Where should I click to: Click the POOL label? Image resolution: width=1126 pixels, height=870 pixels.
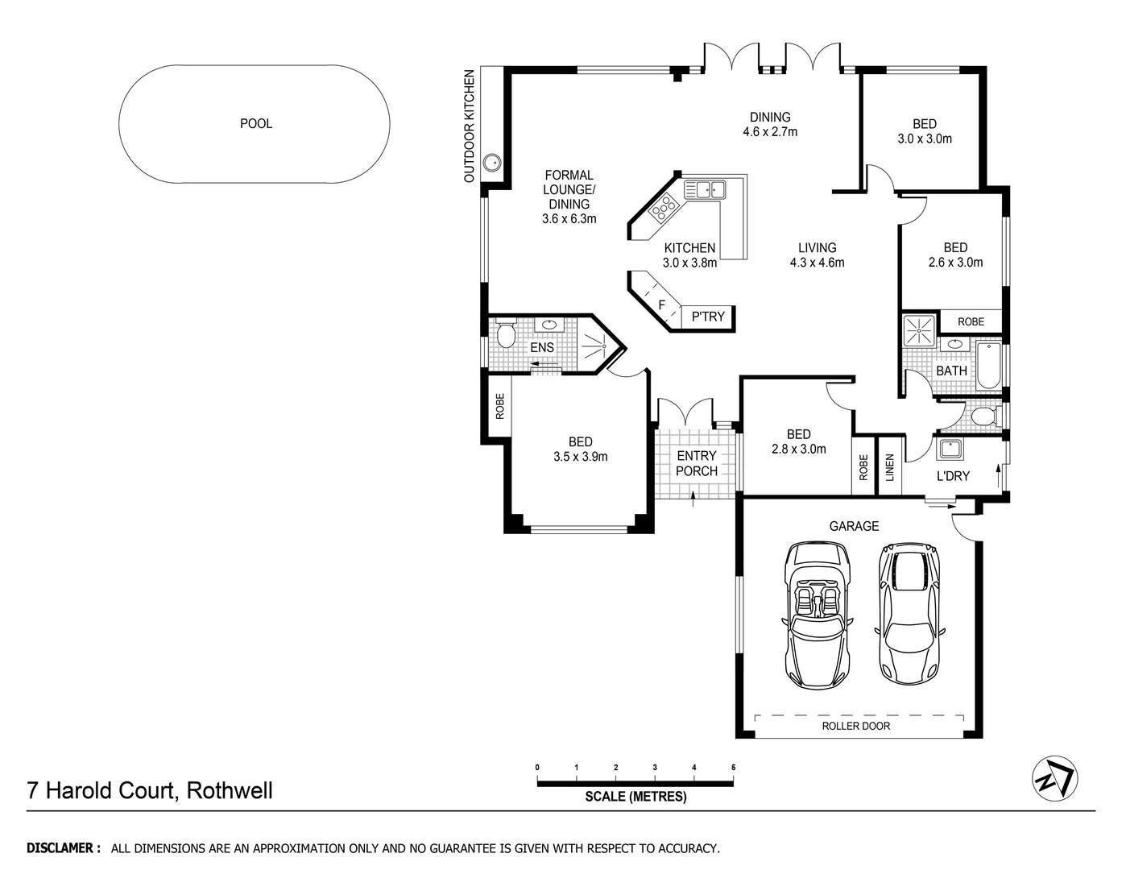256,124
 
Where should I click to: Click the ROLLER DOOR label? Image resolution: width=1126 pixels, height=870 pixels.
855,726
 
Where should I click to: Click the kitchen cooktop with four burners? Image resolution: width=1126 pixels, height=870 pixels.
664,209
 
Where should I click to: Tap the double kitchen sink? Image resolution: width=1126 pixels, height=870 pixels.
705,190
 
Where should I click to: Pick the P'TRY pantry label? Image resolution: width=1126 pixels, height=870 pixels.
708,317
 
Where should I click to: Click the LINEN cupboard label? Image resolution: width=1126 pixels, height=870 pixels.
890,468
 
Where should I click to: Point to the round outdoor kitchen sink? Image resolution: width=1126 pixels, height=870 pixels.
491,164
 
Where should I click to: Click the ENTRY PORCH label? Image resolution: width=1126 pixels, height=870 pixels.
696,463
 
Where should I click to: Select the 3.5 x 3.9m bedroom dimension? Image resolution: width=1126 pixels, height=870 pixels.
580,457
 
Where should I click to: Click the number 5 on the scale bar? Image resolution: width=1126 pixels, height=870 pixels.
733,768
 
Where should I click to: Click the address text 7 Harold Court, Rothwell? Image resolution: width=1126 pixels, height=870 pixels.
150,790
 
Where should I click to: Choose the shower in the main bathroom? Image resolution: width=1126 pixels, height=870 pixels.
918,330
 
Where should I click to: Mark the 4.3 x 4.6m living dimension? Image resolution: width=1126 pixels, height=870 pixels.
817,263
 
